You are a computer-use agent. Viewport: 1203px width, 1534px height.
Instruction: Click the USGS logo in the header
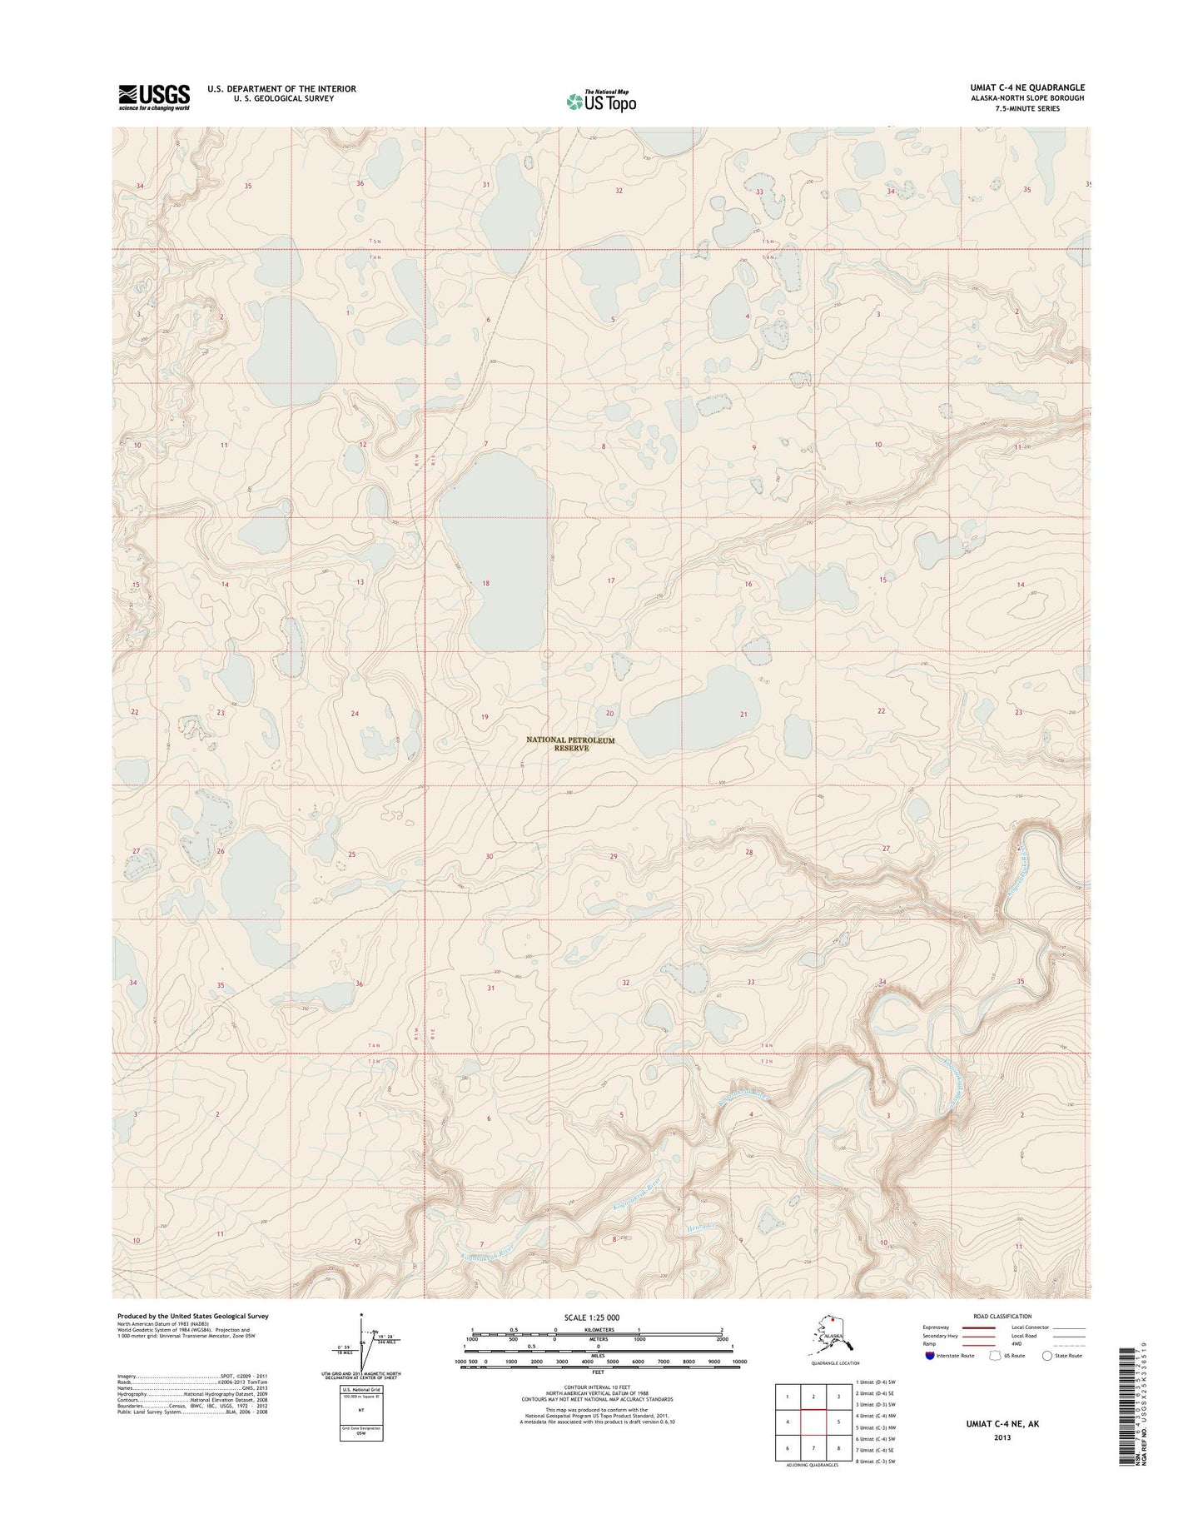154,97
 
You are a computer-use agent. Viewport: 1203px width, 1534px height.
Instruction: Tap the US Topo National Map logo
601,100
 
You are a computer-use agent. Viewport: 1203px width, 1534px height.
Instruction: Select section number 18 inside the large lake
485,584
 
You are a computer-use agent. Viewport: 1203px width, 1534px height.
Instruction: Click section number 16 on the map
748,585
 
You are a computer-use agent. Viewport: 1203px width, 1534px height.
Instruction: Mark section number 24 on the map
355,714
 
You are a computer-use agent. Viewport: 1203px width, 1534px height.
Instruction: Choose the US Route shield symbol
992,1379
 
